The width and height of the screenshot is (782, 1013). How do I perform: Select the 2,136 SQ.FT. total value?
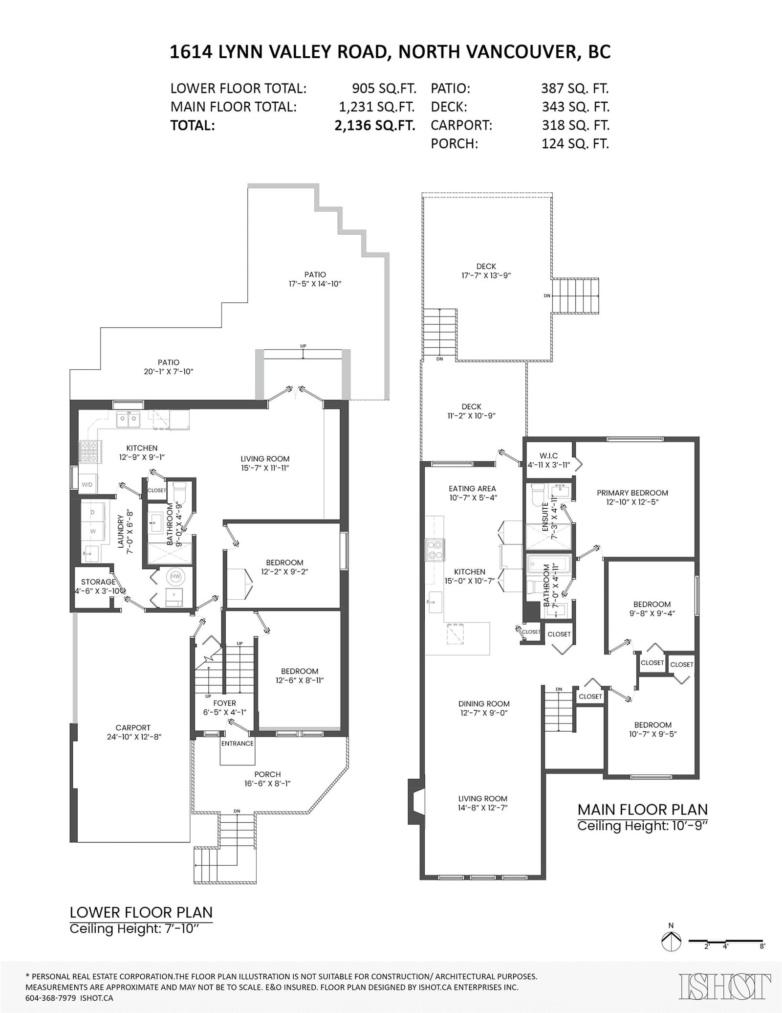click(375, 125)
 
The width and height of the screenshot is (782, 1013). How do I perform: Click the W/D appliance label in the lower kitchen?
click(87, 485)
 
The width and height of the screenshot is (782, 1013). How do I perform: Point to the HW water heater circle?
click(175, 577)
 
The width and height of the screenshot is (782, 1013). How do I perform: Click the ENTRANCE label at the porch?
click(237, 743)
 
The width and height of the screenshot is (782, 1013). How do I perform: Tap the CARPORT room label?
click(133, 727)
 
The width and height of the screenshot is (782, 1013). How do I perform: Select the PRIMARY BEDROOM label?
click(632, 493)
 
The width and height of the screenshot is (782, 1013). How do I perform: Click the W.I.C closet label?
click(548, 456)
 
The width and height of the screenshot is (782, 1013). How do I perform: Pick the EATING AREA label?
click(472, 488)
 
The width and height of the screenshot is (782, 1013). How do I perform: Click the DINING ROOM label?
click(484, 704)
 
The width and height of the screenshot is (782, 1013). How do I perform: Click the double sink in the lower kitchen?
click(128, 420)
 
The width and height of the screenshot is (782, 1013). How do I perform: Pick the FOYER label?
click(225, 703)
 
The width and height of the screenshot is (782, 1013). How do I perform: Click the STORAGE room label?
click(98, 582)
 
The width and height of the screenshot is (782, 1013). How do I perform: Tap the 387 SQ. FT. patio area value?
click(575, 89)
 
